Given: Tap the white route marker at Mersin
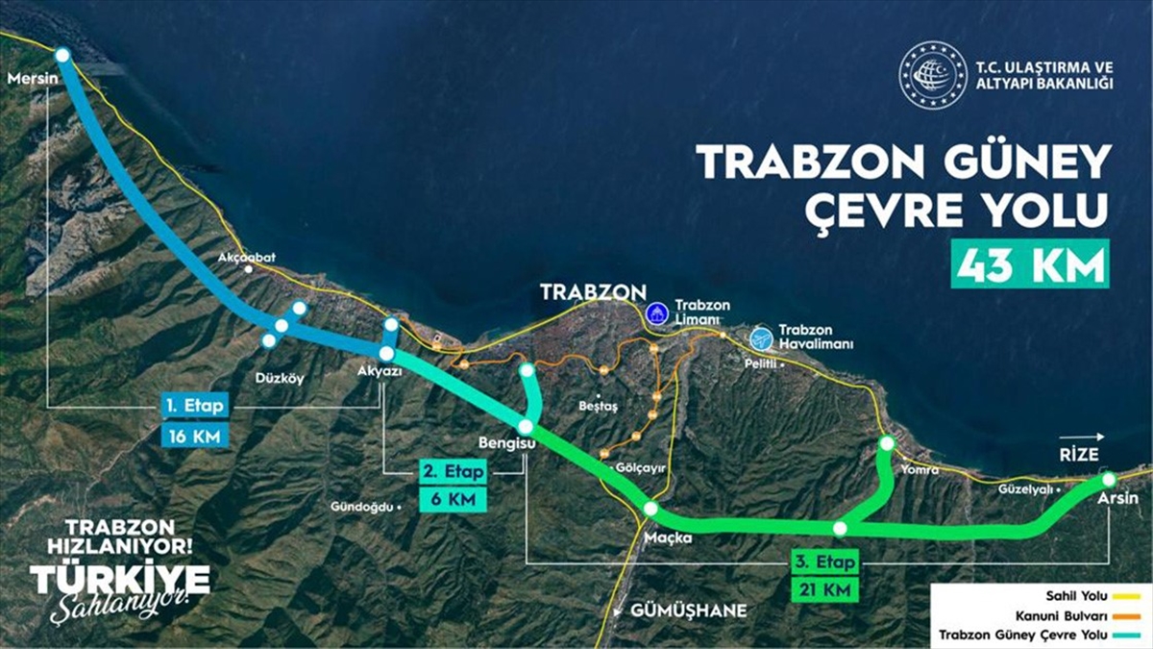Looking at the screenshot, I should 62,56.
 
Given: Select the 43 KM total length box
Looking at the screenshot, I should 1030,263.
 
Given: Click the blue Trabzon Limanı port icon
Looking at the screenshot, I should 656,311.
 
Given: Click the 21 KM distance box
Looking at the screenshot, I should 822,590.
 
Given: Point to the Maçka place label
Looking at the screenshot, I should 669,537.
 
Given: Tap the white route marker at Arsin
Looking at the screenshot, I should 1109,479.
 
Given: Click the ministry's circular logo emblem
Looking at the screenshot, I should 932,74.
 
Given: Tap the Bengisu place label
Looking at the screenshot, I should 505,443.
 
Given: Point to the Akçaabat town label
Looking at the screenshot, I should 247,258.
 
